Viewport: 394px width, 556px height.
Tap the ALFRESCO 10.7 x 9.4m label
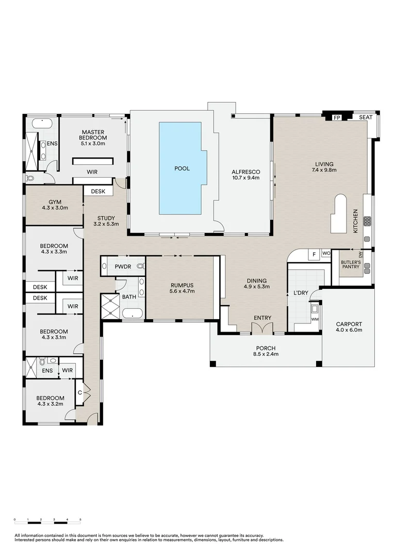click(245, 175)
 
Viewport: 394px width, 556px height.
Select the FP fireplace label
click(337, 118)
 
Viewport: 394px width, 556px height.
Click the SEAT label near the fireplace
click(366, 118)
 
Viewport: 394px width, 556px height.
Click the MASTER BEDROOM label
click(93, 135)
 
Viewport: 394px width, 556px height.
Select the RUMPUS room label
click(179, 287)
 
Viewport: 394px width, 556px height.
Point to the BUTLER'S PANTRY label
click(350, 264)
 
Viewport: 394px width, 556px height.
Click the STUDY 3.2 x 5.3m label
click(107, 221)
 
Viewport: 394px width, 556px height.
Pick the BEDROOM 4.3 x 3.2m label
click(50, 401)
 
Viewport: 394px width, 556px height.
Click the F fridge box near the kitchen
click(313, 254)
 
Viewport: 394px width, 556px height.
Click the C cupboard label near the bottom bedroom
click(80, 392)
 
